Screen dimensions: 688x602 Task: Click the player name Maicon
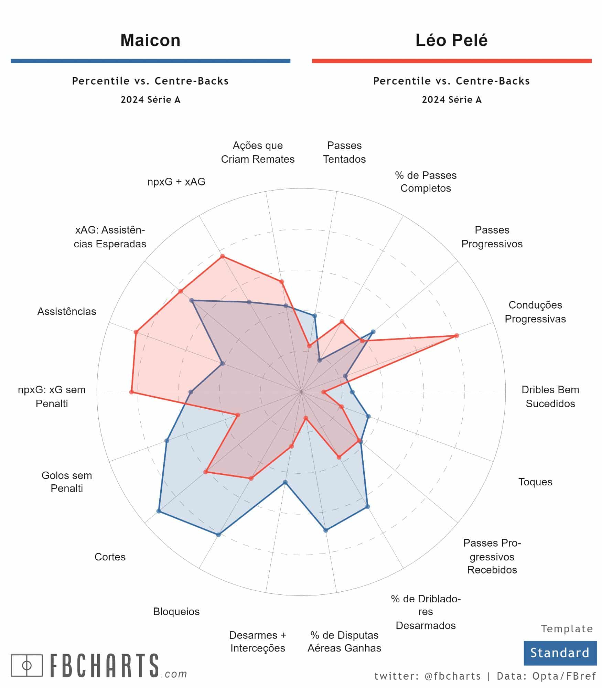click(x=150, y=40)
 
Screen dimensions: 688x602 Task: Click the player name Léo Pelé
click(x=451, y=40)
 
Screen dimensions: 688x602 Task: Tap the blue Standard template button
click(x=560, y=653)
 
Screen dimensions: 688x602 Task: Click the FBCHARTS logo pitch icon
click(x=27, y=665)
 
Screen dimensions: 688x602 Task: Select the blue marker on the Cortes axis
click(x=159, y=511)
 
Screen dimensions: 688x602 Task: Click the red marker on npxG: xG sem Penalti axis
click(x=131, y=392)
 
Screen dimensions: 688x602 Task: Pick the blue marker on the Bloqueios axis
click(x=218, y=535)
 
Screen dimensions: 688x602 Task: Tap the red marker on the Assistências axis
click(x=136, y=332)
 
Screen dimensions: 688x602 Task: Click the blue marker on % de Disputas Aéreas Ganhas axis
click(x=326, y=530)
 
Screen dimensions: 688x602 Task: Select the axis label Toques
click(x=535, y=482)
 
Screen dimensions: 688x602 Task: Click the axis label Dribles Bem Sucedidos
click(x=550, y=396)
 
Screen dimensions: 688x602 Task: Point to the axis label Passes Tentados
click(x=344, y=152)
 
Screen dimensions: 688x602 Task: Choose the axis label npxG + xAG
click(x=176, y=182)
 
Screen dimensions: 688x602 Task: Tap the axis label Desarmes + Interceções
click(x=258, y=641)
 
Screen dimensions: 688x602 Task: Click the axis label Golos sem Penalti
click(x=67, y=482)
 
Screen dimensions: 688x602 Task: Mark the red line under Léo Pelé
click(x=451, y=61)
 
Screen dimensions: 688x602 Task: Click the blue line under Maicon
click(x=150, y=61)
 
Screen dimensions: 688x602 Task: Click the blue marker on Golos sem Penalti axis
click(x=167, y=441)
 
